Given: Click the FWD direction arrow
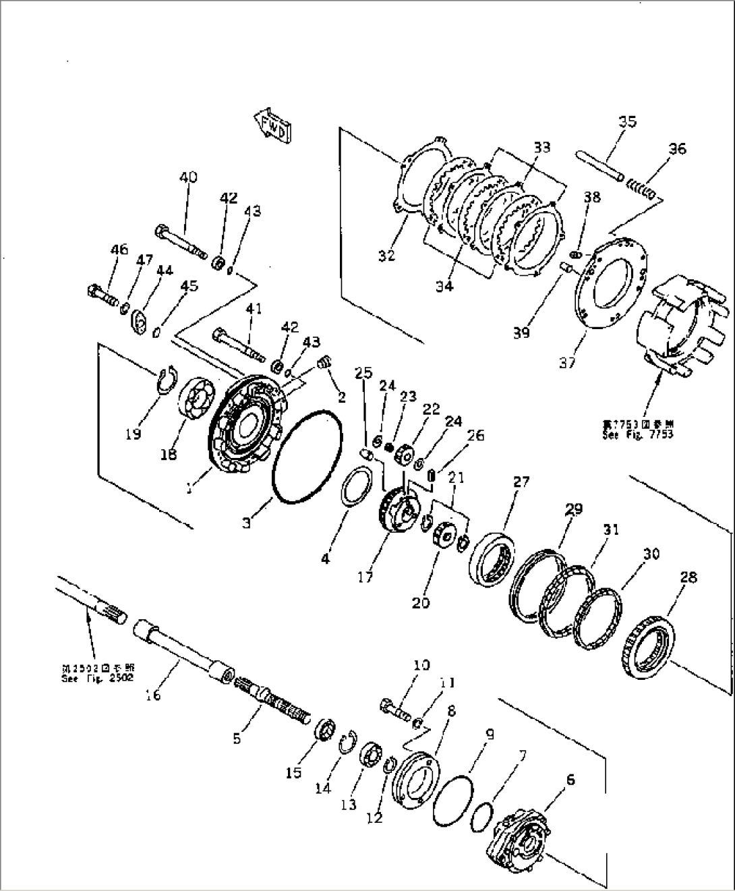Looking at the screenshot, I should click(x=272, y=125).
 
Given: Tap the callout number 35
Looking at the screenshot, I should click(x=627, y=122).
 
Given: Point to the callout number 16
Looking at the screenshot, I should click(x=153, y=694).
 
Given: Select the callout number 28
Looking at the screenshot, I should click(x=688, y=577).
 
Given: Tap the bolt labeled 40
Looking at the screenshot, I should click(x=181, y=241).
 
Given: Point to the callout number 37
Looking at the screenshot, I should click(x=567, y=362).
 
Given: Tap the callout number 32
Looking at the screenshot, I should click(x=386, y=256).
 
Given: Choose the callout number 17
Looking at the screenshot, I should click(x=365, y=578).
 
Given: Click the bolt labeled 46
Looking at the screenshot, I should click(x=101, y=294).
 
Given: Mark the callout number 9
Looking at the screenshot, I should click(x=490, y=734).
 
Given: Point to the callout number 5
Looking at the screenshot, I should click(x=237, y=739).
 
